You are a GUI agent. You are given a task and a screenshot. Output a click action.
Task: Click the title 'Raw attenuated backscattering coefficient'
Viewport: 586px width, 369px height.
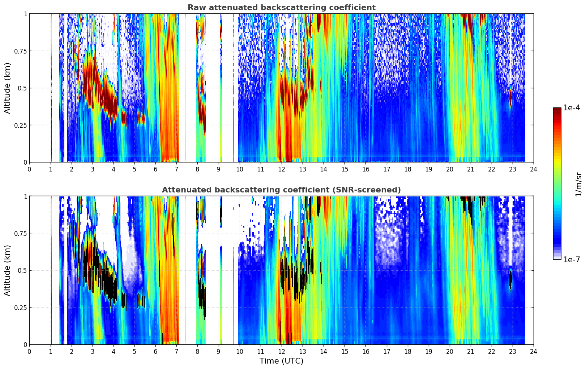281,8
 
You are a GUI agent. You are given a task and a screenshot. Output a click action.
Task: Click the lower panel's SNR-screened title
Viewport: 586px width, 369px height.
281,190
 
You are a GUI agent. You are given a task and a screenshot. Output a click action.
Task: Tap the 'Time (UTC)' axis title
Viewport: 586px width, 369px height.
281,361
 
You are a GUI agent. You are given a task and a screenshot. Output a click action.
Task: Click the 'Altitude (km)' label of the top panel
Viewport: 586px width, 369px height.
8,88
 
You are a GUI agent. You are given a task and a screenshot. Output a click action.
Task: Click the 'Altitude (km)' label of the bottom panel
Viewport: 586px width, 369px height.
8,270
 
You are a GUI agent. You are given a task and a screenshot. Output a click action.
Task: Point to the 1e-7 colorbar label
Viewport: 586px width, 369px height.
572,259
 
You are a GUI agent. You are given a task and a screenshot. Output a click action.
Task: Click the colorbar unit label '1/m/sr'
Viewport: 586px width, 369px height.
578,184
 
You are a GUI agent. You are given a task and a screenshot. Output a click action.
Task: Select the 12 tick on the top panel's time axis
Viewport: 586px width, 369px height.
282,169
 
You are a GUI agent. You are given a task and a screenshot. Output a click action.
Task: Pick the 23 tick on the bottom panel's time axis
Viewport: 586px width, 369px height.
513,351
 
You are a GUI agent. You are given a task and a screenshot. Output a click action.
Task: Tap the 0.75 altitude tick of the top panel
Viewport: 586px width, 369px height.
21,51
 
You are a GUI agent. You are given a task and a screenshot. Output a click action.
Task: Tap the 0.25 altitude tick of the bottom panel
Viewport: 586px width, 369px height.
21,307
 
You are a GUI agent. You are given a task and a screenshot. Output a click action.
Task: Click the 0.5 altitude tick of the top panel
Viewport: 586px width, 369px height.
23,88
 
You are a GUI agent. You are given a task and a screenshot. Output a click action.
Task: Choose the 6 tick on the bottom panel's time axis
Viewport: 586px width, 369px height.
155,351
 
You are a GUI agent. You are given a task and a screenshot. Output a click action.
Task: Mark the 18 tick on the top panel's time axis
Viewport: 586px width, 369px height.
407,169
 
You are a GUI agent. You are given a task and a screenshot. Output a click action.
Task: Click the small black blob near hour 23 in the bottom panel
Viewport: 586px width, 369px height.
510,279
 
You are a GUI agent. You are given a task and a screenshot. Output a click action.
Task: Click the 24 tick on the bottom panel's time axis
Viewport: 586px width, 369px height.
534,351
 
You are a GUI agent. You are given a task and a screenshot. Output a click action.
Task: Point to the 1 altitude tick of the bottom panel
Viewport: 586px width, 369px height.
25,196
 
